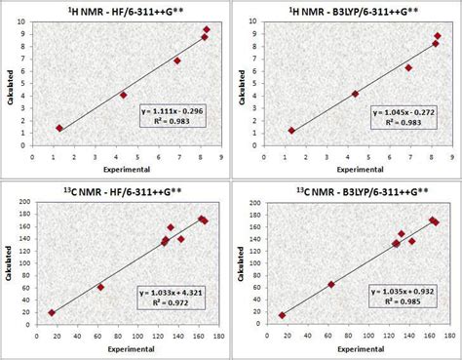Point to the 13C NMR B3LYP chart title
click(x=348, y=190)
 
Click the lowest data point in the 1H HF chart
click(x=59, y=128)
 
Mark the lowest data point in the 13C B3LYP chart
click(x=283, y=315)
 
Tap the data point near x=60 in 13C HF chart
click(x=100, y=287)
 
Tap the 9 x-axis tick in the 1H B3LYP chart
click(x=450, y=155)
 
